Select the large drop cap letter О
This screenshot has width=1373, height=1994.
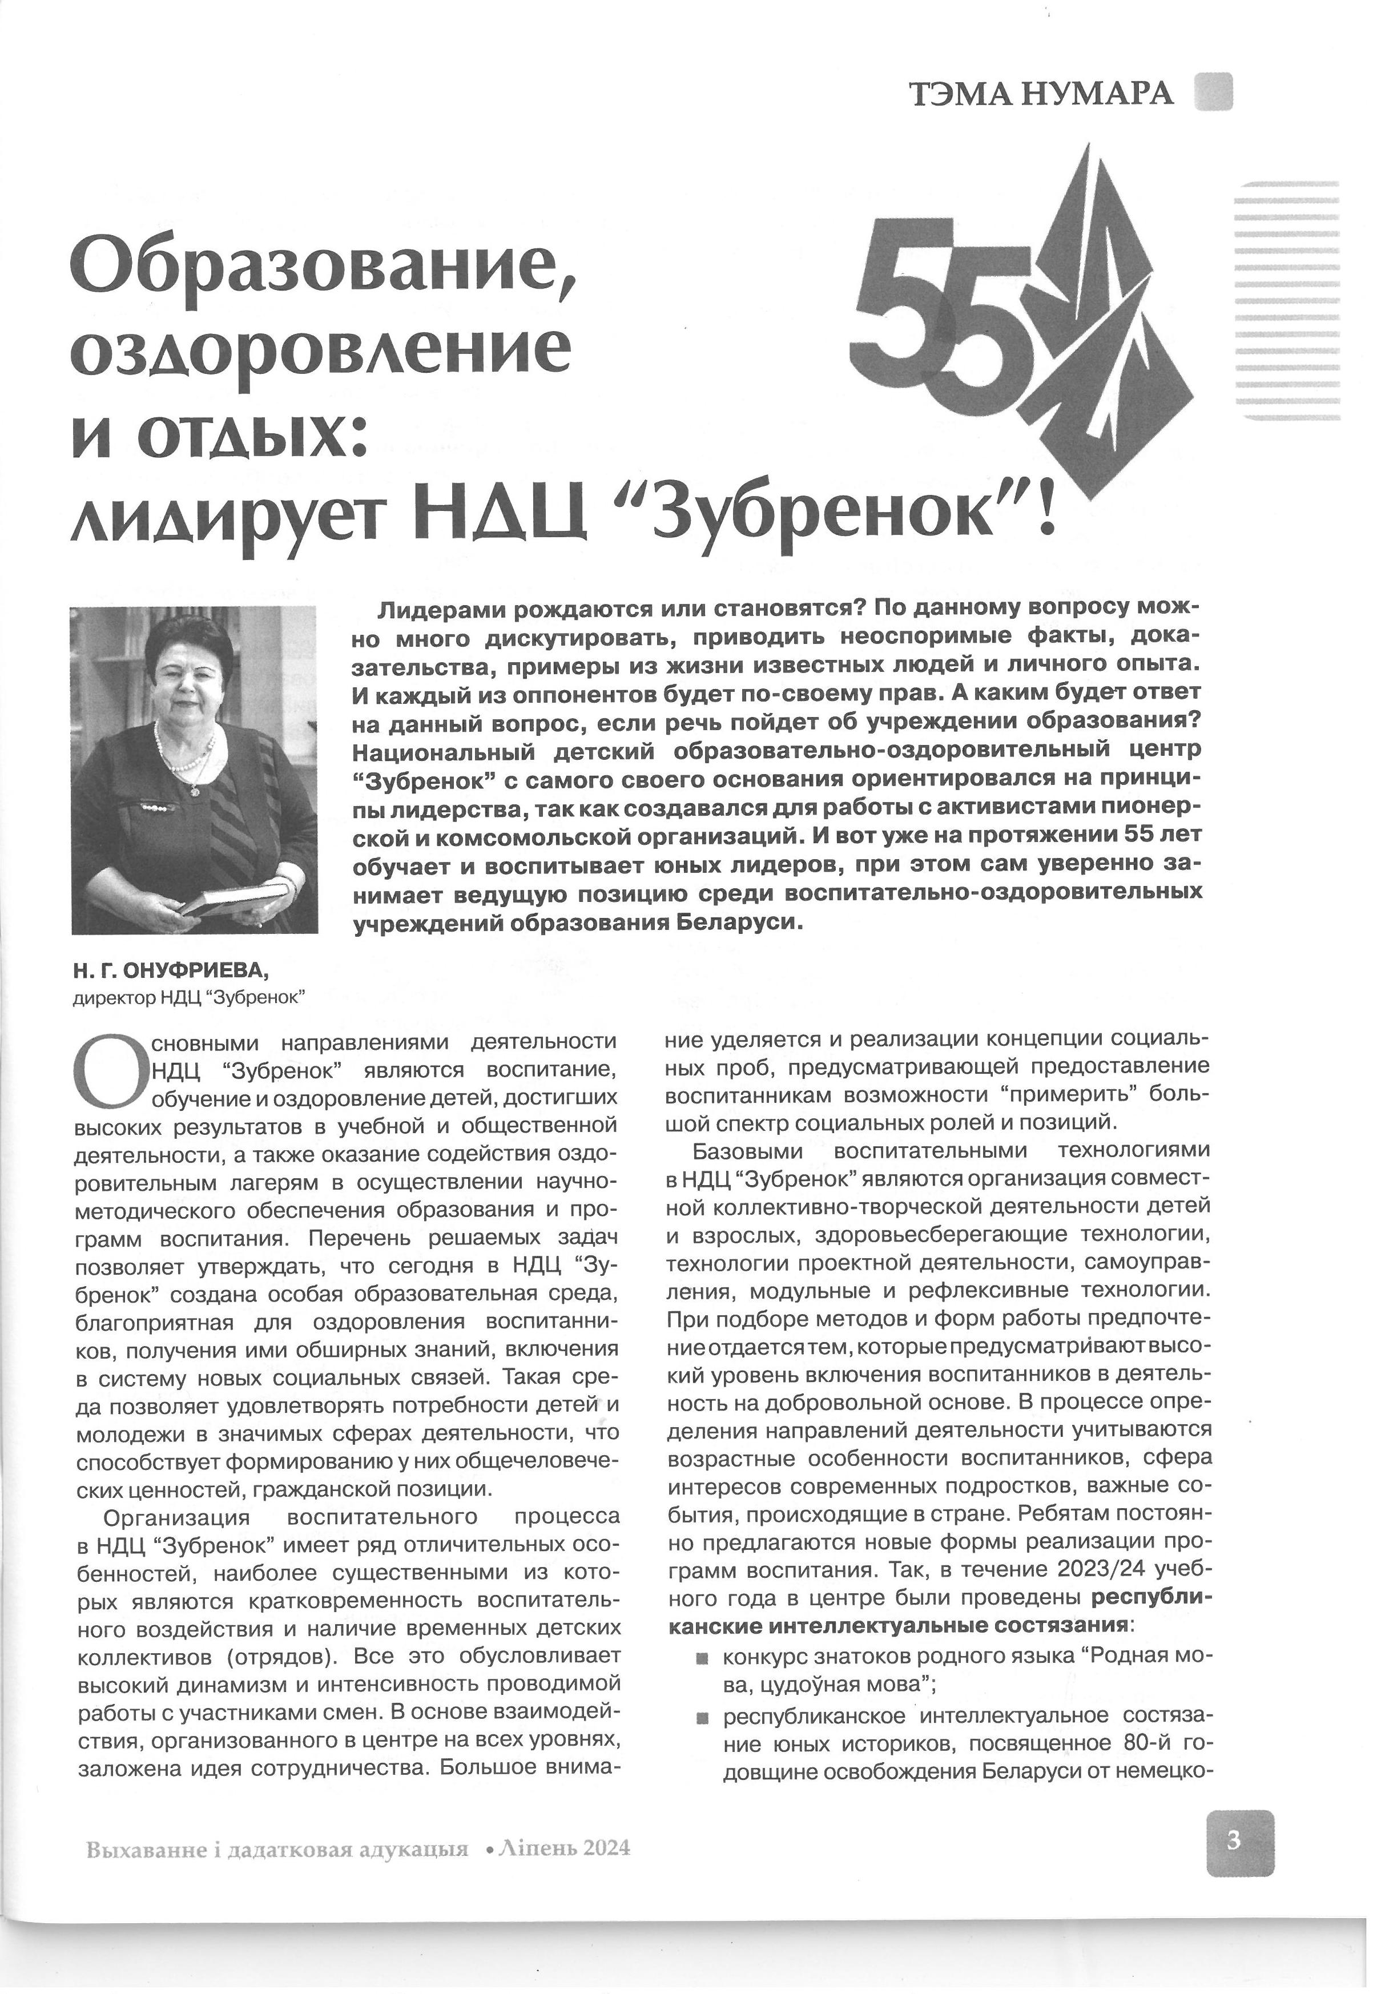(x=109, y=1071)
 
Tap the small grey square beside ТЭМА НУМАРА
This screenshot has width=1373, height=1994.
(x=1213, y=91)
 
